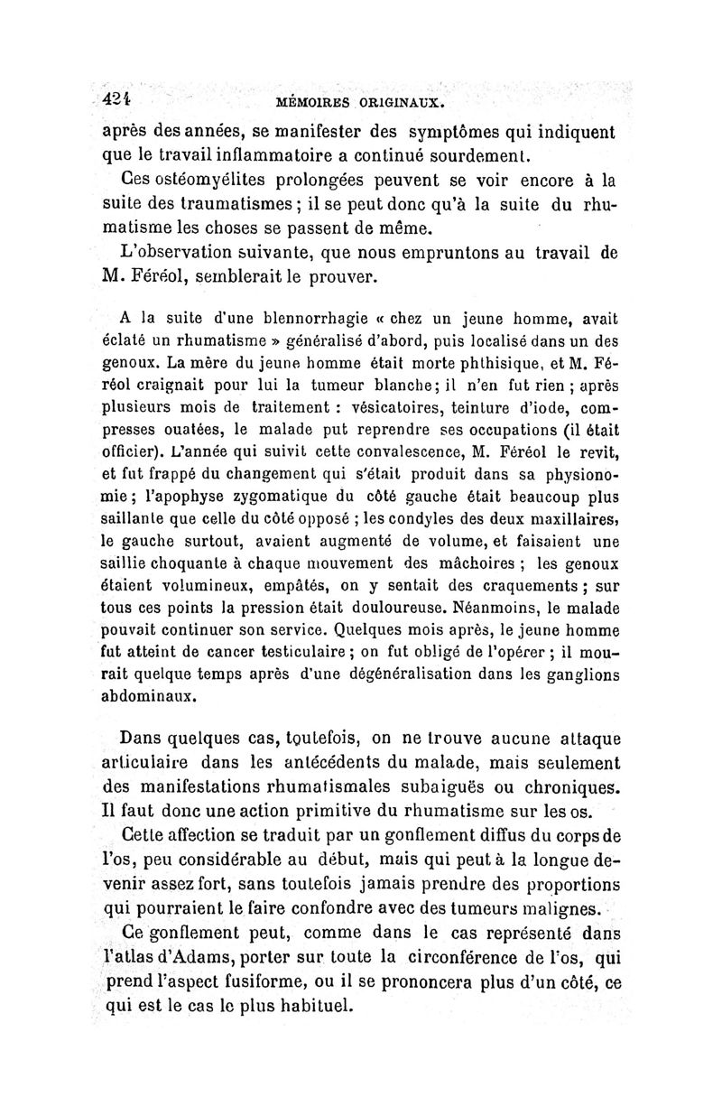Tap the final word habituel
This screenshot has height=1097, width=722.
(310, 1008)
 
